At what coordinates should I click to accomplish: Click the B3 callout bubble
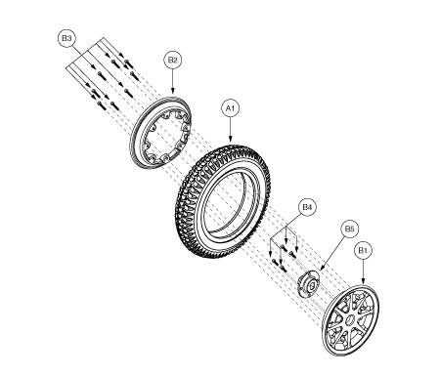point(66,38)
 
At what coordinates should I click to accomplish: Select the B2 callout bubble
point(172,60)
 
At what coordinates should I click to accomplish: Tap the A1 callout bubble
point(231,108)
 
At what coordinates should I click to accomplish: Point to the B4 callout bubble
point(307,207)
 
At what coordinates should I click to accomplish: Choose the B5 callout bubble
point(349,229)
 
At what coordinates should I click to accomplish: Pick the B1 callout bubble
point(363,250)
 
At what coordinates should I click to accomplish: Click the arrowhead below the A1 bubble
point(231,140)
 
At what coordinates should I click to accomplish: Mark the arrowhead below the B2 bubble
point(173,92)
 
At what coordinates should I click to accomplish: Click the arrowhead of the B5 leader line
point(322,268)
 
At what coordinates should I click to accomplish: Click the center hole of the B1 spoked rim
point(350,320)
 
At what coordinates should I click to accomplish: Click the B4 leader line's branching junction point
point(286,226)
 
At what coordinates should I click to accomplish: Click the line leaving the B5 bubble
point(332,252)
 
